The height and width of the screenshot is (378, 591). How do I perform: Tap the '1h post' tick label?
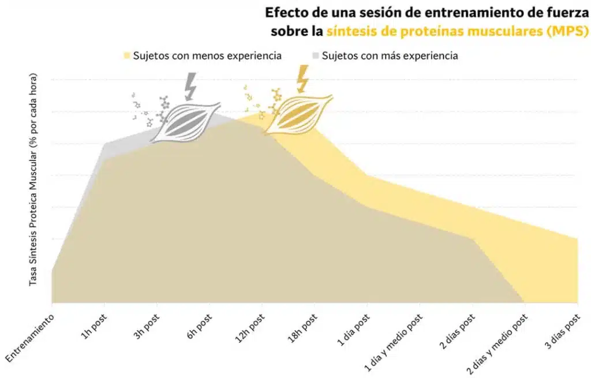(x=92, y=328)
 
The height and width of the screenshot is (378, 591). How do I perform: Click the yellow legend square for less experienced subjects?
(x=127, y=56)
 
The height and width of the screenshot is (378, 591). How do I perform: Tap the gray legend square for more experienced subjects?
(x=315, y=56)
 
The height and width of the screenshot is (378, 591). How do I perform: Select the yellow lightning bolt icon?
(x=302, y=78)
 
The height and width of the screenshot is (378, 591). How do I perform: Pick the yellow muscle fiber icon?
(x=297, y=114)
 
